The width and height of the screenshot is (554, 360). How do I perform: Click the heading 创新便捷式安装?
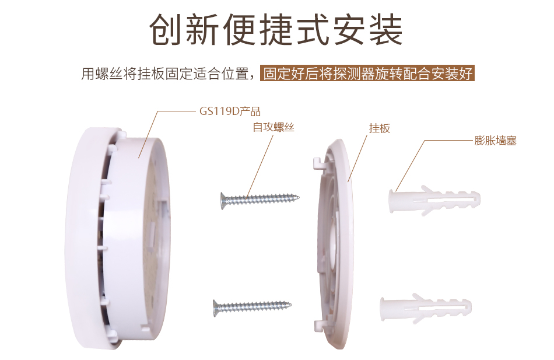tap(276, 30)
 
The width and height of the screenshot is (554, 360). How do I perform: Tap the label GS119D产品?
tap(230, 111)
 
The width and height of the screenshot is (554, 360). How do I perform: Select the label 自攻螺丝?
tap(274, 127)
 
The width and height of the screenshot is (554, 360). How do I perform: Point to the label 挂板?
tap(380, 128)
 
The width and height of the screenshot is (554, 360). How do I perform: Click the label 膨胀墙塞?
tap(495, 141)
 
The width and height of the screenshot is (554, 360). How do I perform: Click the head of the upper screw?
tap(223, 201)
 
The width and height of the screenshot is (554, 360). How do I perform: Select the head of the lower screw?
tap(216, 308)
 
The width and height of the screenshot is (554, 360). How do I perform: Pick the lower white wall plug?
tap(426, 308)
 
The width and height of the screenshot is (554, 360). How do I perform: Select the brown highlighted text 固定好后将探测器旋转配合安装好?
tap(367, 73)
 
